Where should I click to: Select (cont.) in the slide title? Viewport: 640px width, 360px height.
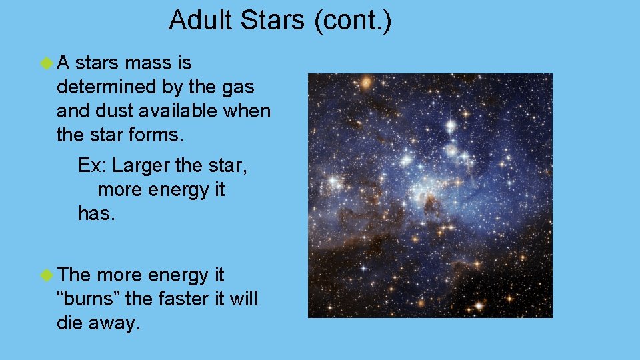(x=351, y=20)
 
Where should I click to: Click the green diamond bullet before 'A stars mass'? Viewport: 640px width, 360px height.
(x=46, y=63)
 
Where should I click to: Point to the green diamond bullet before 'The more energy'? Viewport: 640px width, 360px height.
(x=46, y=275)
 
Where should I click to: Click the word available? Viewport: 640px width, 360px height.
(x=179, y=110)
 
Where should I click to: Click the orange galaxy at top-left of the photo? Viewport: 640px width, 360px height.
(x=365, y=83)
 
